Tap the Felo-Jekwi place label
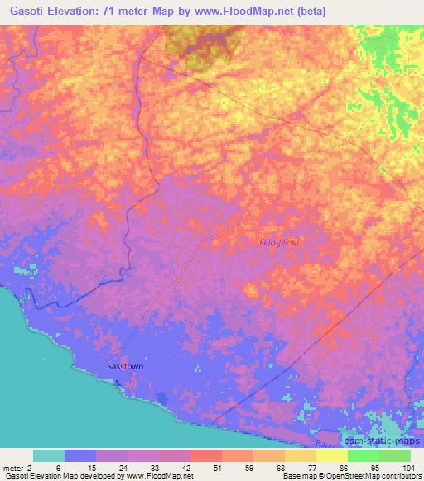tap(279, 241)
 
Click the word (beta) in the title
tap(306, 12)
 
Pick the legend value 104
tap(409, 469)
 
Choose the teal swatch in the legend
tap(49, 455)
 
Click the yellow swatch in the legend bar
tap(301, 455)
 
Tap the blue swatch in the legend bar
tap(80, 455)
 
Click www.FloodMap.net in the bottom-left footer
tap(156, 477)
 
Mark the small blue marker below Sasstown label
tap(117, 383)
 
